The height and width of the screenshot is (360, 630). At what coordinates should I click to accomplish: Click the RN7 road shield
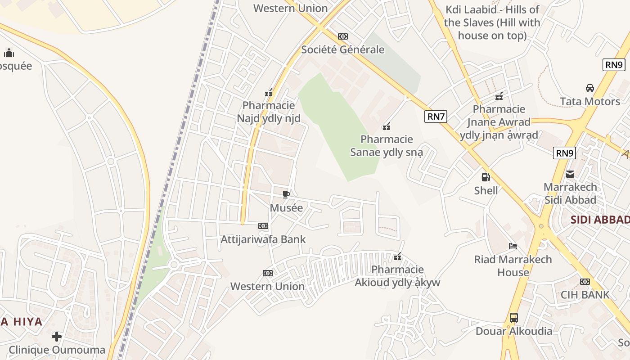coord(436,117)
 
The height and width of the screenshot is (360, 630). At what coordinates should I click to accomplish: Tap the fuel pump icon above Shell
coord(486,177)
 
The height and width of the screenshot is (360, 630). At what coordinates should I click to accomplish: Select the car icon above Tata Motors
coord(589,88)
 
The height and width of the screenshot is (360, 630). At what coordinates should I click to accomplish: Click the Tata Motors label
coord(590,101)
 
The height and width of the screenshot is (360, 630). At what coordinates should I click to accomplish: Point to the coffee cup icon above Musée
coord(286,194)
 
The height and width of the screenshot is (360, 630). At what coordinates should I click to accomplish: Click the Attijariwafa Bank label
coord(263,239)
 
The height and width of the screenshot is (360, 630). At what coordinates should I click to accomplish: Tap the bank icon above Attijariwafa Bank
coord(263,226)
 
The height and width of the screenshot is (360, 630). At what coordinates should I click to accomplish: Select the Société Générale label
coord(343,49)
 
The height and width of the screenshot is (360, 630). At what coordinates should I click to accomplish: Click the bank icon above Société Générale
coord(343,36)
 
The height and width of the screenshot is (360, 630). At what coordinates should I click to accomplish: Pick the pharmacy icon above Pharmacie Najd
coord(269,93)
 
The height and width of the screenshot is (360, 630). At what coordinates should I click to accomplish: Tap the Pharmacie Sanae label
coord(387,146)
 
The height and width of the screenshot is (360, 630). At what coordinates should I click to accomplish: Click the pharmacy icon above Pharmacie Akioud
coord(397,257)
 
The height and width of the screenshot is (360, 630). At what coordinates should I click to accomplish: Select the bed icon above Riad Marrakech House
coord(513,246)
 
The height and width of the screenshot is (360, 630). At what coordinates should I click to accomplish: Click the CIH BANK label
coord(585,295)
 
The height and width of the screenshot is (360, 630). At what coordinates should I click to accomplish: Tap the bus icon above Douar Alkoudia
coord(514,318)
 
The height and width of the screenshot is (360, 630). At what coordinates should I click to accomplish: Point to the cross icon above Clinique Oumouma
coord(57,337)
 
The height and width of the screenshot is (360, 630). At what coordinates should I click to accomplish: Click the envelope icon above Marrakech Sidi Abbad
coord(570,174)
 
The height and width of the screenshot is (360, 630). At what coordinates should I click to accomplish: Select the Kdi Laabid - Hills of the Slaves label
coord(492,22)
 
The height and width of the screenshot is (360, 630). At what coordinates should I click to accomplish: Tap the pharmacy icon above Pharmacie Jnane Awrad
coord(499,96)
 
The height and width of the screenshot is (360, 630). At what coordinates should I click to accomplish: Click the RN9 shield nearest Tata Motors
coord(614,65)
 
